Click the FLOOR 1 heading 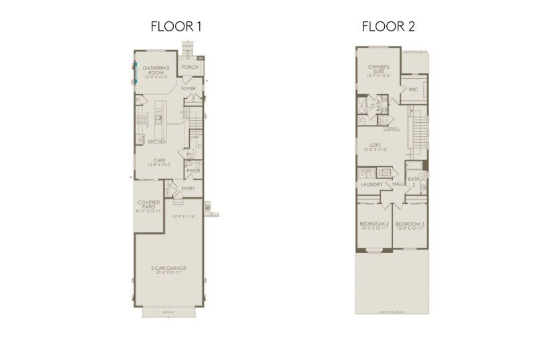176,27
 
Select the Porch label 190,67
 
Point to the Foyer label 188,88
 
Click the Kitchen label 157,142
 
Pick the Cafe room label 159,161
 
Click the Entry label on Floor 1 188,188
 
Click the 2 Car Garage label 168,269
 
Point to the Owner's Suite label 379,69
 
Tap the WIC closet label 413,89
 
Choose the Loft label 375,145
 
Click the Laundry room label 371,184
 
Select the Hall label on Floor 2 398,184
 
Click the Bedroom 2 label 374,224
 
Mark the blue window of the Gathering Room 134,71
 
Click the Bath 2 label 413,180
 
